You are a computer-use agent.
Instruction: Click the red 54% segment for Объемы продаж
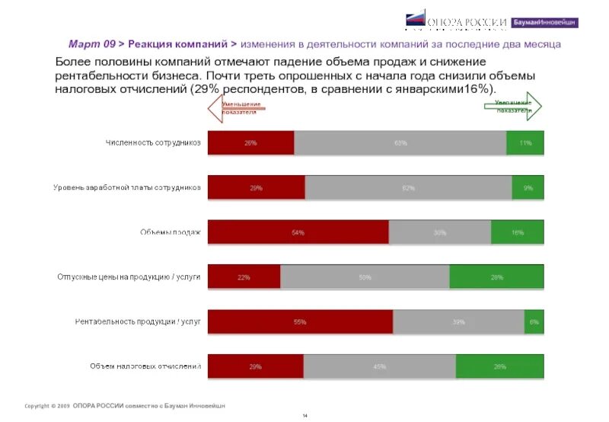(298, 232)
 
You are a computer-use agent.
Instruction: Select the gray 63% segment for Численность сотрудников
(400, 142)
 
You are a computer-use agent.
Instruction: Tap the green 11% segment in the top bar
(525, 142)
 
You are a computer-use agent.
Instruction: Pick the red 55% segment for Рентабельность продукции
(300, 321)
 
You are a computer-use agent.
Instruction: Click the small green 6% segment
(534, 321)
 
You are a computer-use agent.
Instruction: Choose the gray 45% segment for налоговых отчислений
(379, 366)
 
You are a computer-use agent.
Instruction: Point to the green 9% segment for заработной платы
(528, 187)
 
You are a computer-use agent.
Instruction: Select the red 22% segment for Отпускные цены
(244, 277)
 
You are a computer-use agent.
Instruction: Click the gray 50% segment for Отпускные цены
(365, 277)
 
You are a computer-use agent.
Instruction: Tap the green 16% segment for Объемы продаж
(518, 232)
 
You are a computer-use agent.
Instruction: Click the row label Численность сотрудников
(152, 142)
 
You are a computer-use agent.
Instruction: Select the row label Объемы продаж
(171, 232)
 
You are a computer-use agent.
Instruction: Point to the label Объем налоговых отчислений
(145, 366)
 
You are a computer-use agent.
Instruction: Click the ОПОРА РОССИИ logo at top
(455, 22)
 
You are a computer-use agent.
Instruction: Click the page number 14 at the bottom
(304, 415)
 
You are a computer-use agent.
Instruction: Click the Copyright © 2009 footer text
(47, 405)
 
